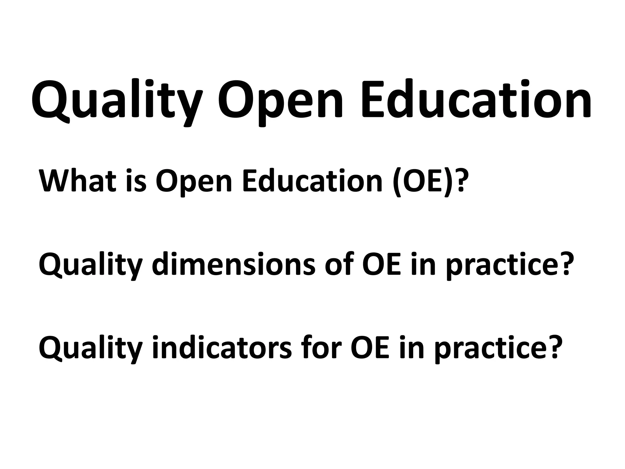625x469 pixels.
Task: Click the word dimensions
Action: tap(233, 264)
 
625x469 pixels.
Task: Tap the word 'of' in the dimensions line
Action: tap(338, 264)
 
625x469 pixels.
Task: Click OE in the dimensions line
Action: tap(382, 264)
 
